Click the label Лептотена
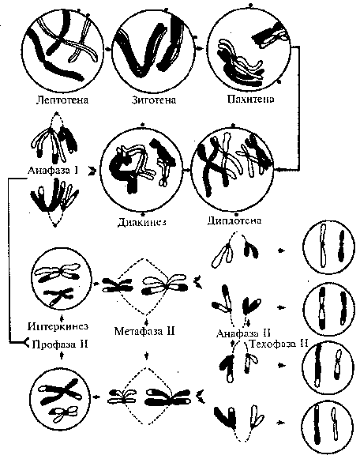[62, 100]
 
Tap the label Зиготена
[154, 100]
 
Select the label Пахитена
[250, 100]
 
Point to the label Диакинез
[142, 223]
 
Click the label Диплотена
[234, 220]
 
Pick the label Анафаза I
[53, 170]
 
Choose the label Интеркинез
[58, 325]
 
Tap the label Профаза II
[60, 344]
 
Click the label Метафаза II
[144, 331]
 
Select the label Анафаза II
[243, 333]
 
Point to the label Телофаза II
[278, 344]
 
